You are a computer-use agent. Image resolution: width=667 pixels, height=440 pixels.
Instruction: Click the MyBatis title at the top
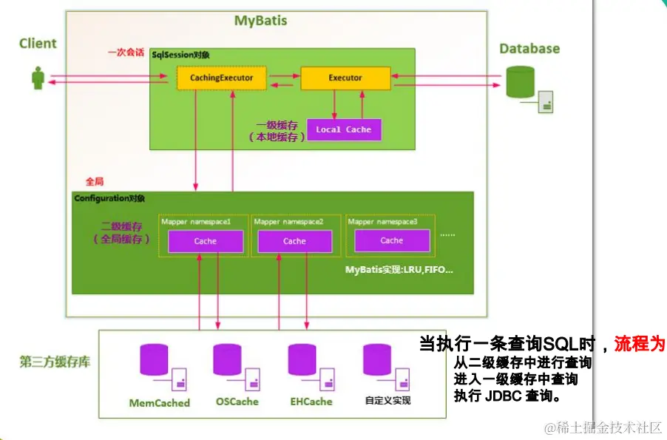pos(260,21)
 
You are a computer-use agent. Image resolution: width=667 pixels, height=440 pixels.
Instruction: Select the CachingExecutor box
pos(221,78)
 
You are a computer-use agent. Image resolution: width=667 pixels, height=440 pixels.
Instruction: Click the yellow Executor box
pos(345,78)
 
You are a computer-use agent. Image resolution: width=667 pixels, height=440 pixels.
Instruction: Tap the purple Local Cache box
pos(344,129)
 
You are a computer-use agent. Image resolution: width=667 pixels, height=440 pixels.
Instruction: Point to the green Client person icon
pos(38,78)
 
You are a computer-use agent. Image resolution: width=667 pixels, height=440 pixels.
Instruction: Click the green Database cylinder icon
pos(520,82)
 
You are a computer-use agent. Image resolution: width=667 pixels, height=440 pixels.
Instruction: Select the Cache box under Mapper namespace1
pos(206,241)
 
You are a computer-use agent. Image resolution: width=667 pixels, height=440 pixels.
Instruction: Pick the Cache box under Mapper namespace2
pos(294,241)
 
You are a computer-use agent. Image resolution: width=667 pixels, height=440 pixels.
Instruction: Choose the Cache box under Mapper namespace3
pos(392,240)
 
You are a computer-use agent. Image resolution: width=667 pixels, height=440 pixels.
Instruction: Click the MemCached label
pos(160,403)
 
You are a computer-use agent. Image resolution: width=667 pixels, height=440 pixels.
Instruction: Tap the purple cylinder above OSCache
pos(227,359)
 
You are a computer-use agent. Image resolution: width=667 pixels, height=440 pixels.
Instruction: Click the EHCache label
pos(311,402)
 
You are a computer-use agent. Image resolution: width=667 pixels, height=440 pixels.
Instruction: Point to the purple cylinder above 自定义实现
pos(377,359)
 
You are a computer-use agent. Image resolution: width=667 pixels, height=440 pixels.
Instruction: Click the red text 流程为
pos(640,344)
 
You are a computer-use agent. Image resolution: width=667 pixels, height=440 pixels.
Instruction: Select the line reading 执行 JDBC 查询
pos(507,396)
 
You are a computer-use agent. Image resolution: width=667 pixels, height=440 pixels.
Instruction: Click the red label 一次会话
pos(126,53)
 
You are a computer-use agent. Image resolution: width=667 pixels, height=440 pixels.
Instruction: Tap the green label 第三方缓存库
pos(55,363)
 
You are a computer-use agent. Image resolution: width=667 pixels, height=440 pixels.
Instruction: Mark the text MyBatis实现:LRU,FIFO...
pos(399,270)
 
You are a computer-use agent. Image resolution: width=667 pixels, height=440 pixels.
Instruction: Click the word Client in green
pos(38,44)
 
